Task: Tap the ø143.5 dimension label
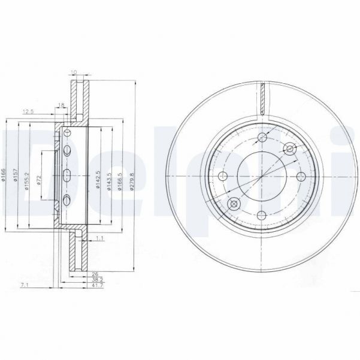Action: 109,181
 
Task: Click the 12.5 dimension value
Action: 28,111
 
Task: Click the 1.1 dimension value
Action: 100,238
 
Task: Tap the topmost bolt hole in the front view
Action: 261,139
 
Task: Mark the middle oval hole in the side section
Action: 67,175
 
